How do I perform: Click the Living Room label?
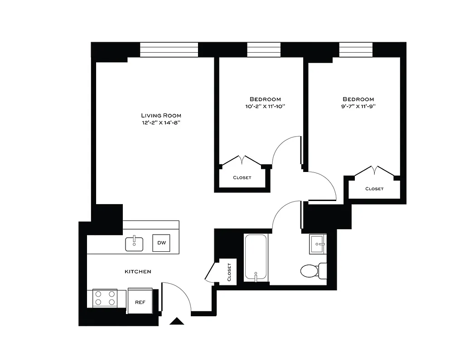161,115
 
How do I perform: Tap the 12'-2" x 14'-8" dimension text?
161,123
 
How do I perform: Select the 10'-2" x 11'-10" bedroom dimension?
265,107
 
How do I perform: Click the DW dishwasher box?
161,243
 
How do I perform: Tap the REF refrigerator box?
140,301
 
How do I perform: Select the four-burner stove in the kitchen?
105,298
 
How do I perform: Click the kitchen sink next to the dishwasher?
134,244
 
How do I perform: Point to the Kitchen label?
138,271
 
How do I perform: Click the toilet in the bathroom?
310,271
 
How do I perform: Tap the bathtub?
256,257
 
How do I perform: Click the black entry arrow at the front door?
177,322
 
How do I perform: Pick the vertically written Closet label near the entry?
229,272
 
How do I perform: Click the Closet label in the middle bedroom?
242,177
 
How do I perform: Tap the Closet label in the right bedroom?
374,188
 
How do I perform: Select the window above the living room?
169,49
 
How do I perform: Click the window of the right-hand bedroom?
356,49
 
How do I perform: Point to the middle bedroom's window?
264,49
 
